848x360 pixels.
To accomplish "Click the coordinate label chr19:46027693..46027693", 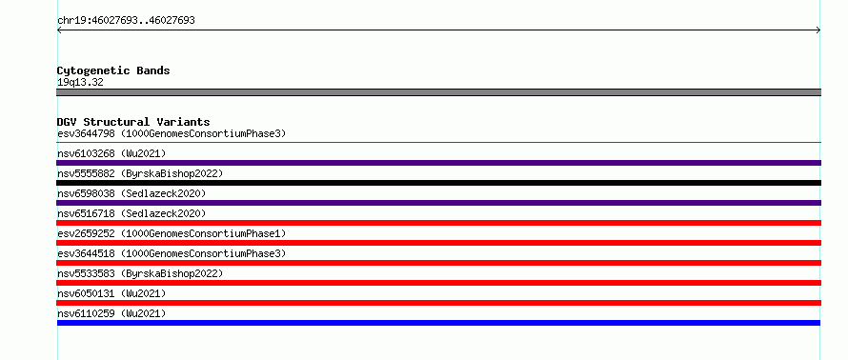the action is [x=126, y=21].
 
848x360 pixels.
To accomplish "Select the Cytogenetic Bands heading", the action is [x=113, y=70].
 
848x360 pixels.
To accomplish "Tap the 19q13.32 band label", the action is [x=80, y=83].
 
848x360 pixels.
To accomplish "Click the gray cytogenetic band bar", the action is [x=438, y=92].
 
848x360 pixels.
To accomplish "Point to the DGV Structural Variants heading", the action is [x=133, y=122].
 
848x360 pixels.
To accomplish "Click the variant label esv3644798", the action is [x=86, y=133].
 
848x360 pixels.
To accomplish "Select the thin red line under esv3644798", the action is [x=438, y=143].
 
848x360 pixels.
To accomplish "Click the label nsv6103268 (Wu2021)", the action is [x=111, y=153].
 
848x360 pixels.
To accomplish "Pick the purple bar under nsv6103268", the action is [x=438, y=163].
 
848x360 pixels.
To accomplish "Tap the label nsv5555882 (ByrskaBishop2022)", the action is [x=140, y=173].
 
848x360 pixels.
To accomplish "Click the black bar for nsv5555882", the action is [x=438, y=183].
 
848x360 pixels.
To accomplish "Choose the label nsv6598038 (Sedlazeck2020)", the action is [x=131, y=193].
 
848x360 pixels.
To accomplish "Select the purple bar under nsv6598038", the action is [x=438, y=203].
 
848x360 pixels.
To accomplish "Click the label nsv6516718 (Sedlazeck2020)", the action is [x=131, y=213].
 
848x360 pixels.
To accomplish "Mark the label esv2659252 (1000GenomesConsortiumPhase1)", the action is [x=172, y=233].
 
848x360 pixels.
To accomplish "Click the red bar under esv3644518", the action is [x=438, y=263].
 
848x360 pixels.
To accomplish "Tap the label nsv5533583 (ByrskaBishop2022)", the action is [x=140, y=273].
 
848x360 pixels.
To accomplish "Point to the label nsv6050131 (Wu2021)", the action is [x=111, y=293].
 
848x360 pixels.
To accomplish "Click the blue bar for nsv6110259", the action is [x=438, y=323].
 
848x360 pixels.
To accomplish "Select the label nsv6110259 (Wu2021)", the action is [x=111, y=313].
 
